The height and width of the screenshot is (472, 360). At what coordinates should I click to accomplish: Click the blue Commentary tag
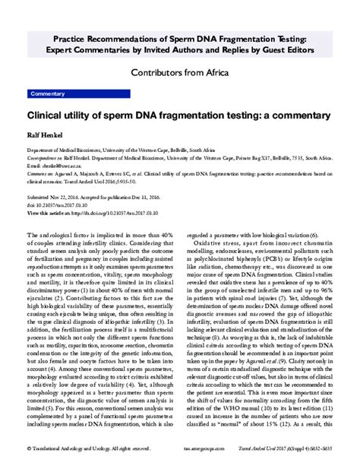(46, 93)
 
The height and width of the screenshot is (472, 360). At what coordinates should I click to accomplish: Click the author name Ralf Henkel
(46, 137)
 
